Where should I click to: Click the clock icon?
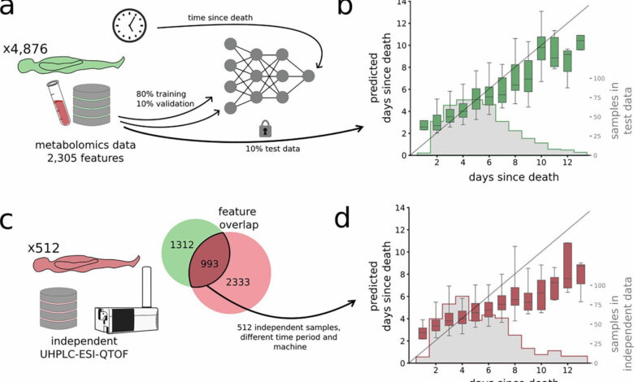(x=128, y=27)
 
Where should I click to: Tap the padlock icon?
(x=265, y=127)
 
